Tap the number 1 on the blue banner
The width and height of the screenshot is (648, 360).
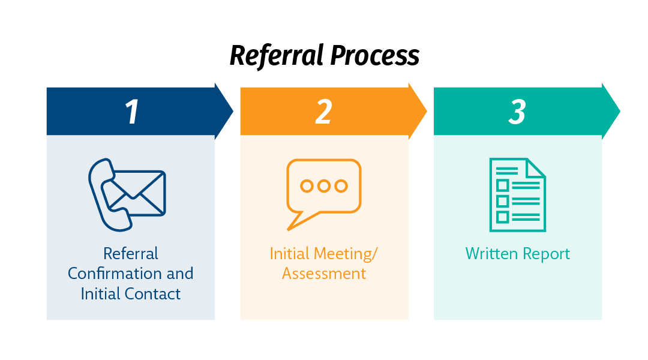131,112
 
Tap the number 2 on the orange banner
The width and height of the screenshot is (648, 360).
323,112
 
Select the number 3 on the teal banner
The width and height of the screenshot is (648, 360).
517,112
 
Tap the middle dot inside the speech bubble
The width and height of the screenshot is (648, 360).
324,186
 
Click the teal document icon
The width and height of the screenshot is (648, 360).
517,194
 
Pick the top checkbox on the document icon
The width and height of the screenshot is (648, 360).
502,185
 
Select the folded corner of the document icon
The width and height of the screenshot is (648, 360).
536,167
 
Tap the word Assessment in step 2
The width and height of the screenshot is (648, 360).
324,274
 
